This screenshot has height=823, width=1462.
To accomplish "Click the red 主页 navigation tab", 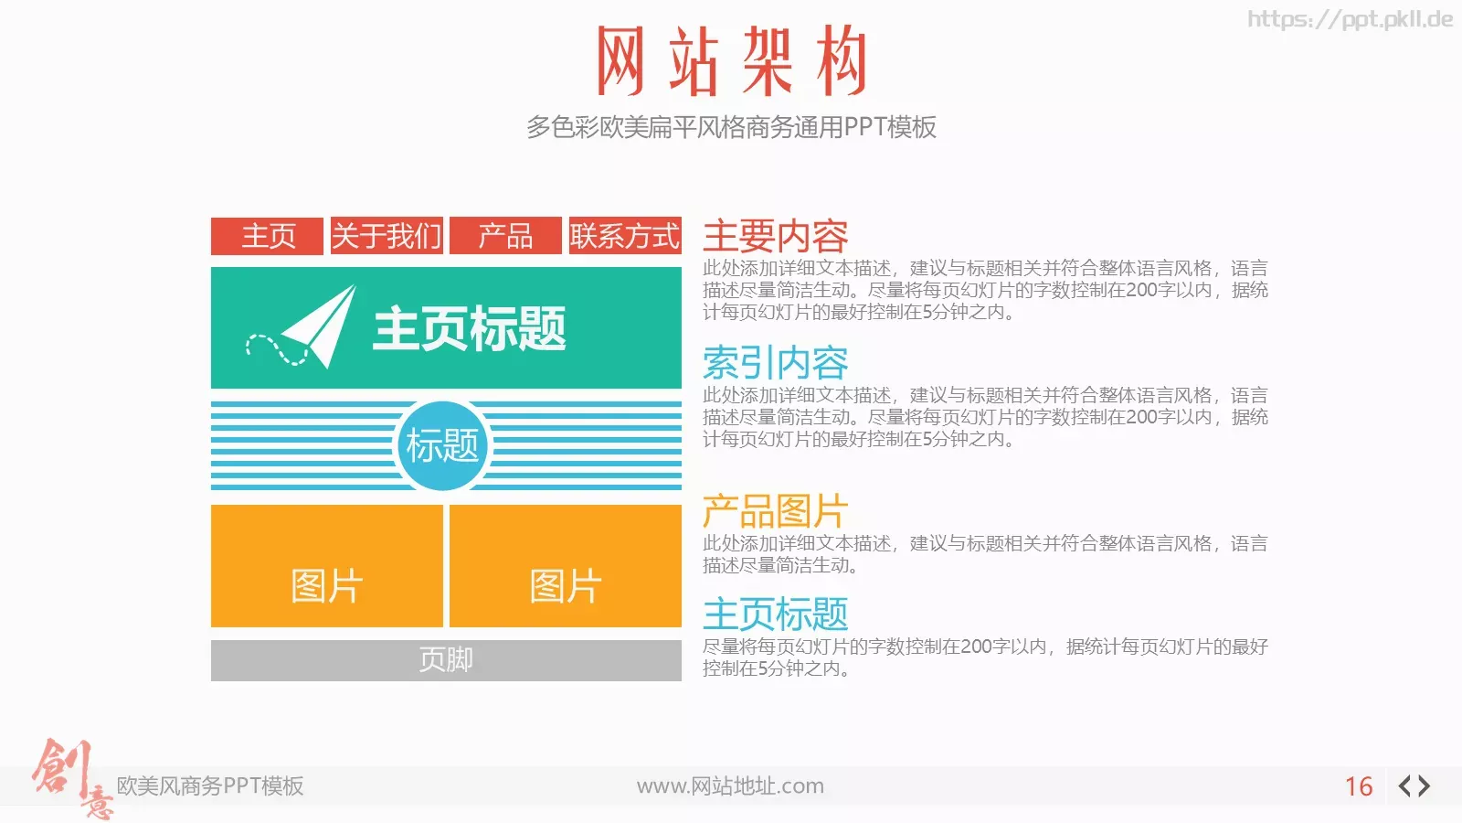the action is tap(267, 236).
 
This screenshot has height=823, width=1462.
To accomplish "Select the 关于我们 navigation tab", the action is tap(387, 236).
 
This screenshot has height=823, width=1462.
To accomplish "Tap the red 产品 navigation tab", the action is tap(506, 236).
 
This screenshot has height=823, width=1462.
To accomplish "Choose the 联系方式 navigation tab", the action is tap(625, 236).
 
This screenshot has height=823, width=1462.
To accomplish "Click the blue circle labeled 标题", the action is tap(443, 445).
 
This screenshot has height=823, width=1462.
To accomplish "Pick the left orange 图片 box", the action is tap(327, 566).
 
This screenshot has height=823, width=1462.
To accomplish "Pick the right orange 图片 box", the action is tap(566, 566).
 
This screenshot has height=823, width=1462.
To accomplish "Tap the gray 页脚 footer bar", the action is tap(447, 660).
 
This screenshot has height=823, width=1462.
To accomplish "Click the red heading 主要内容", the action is tap(776, 237).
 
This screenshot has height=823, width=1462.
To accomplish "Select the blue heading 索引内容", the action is tap(776, 363).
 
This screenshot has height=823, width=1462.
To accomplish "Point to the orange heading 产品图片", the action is tap(776, 511).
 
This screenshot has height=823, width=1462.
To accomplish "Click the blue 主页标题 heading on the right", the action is tap(776, 614).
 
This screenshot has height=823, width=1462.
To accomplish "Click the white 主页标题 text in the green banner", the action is tap(470, 328).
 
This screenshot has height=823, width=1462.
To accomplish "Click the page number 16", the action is tap(1359, 786).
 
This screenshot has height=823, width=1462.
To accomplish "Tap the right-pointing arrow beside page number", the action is tap(1425, 786).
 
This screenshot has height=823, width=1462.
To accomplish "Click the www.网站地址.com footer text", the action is tap(730, 786).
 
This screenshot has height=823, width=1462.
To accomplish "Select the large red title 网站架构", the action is tap(732, 60).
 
